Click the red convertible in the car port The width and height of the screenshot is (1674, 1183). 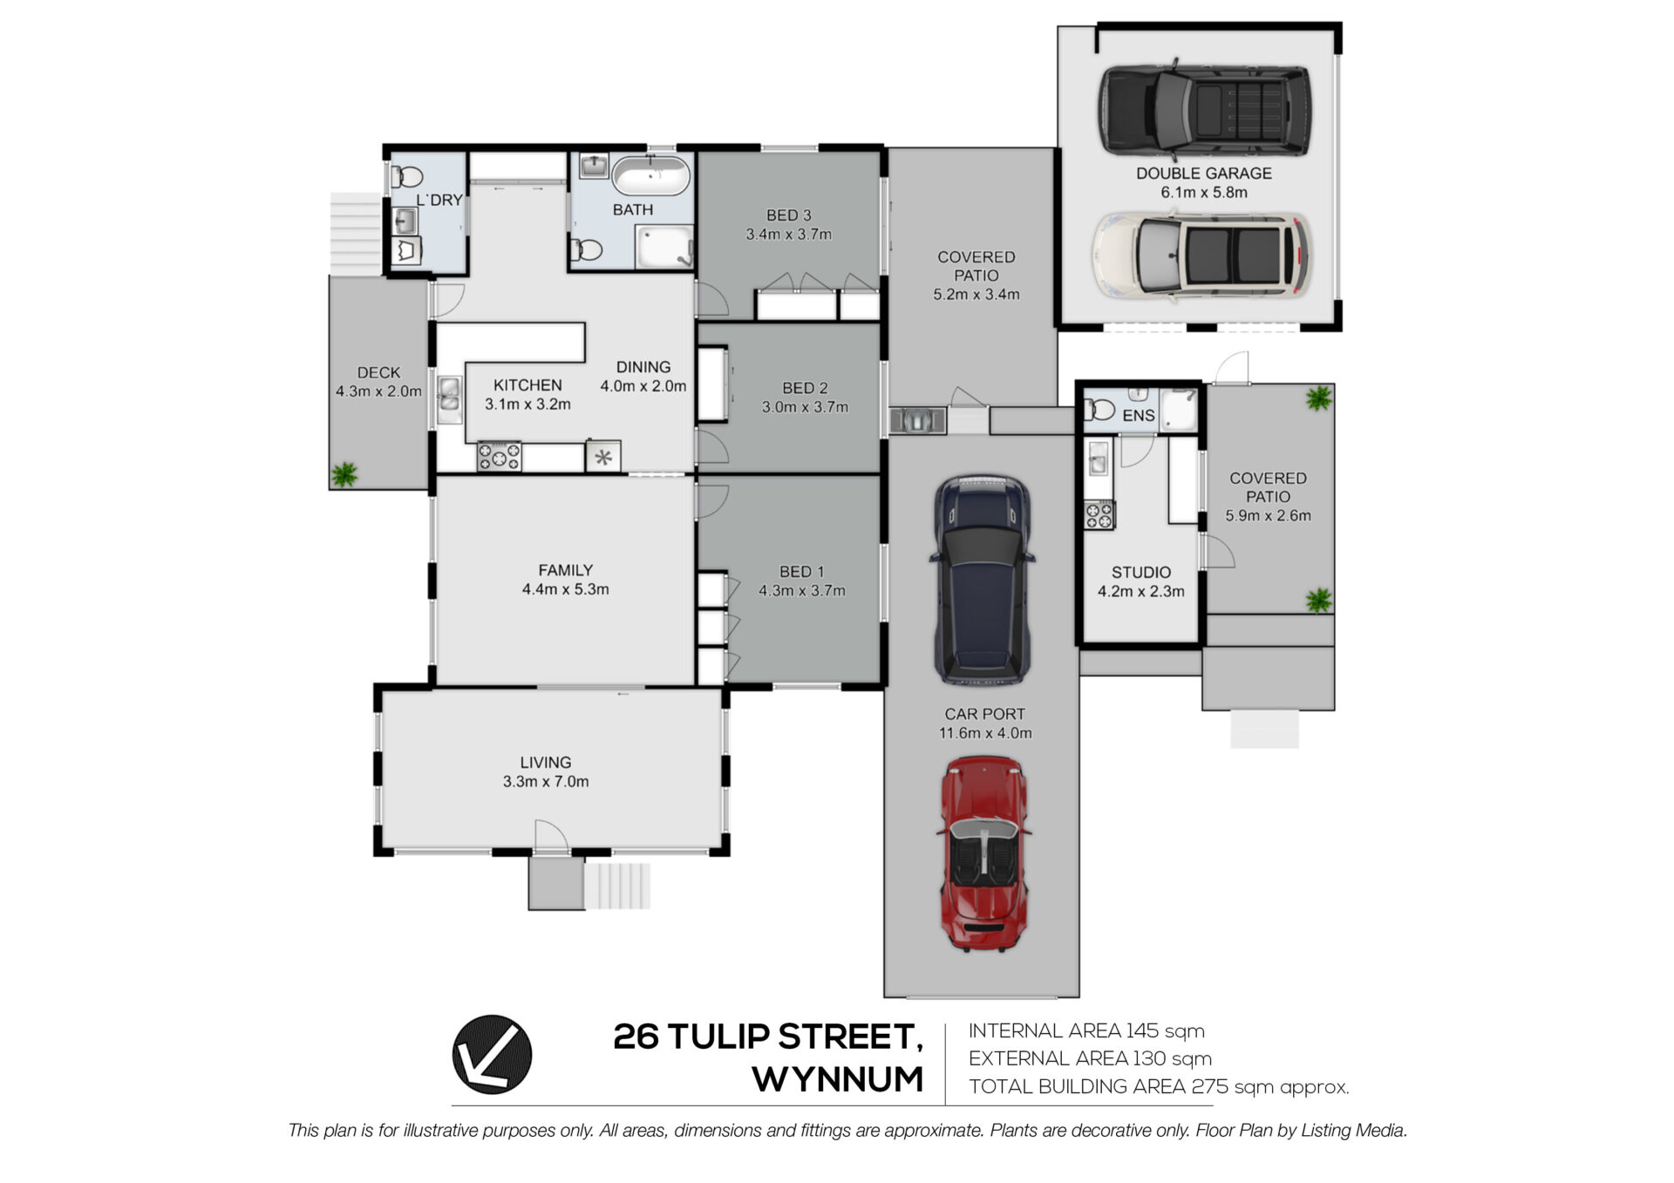point(983,853)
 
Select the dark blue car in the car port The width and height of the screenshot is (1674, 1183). point(983,580)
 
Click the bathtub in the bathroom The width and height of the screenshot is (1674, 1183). point(651,176)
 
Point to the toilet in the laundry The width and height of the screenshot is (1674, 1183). point(406,177)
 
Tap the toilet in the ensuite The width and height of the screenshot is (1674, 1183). point(1099,409)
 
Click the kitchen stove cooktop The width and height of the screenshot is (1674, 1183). point(500,456)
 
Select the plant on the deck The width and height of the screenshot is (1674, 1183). point(344,474)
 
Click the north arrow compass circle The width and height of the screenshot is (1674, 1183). point(492,1054)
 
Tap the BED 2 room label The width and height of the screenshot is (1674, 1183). point(805,388)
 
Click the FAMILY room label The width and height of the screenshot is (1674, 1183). point(565,570)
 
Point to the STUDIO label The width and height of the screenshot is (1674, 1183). point(1140,573)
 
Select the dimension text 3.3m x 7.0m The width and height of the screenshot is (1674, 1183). point(546,782)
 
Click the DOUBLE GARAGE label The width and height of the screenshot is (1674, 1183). point(1203,173)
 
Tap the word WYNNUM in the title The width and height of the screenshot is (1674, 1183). point(838,1079)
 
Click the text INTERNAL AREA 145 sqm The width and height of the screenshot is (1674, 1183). point(1086,1031)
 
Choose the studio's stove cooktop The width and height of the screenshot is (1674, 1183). point(1099,514)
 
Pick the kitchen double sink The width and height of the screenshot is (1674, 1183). point(449,400)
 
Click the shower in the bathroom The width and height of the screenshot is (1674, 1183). point(664,247)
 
